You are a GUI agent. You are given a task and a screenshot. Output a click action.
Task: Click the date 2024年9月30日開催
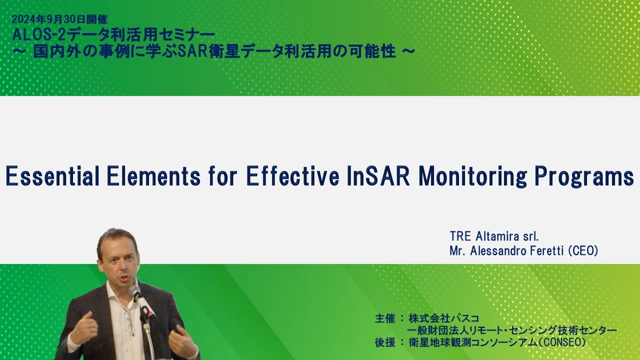click(59, 20)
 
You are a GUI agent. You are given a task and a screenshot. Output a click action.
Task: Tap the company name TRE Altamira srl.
click(494, 236)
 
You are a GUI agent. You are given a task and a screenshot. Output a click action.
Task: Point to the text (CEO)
click(583, 251)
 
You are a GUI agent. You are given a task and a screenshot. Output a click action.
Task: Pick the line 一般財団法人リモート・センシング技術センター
click(512, 330)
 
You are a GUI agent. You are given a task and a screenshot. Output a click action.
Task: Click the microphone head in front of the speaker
click(135, 292)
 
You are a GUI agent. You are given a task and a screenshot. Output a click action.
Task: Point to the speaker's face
click(118, 260)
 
